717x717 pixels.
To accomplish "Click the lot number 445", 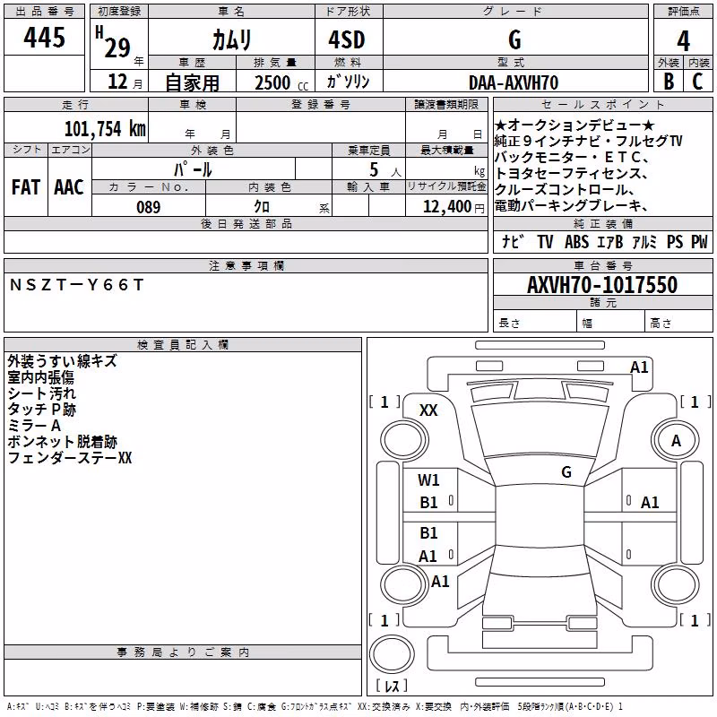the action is (44, 37).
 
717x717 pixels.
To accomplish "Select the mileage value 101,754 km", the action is (105, 128).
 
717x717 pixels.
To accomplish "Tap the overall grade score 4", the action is (683, 40).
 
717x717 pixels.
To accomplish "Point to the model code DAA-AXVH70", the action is (514, 82).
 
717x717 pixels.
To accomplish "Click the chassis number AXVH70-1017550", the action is (602, 284).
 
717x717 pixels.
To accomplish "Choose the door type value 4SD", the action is (347, 39).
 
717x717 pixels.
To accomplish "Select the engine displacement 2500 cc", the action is (281, 82).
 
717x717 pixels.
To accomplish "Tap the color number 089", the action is (149, 207).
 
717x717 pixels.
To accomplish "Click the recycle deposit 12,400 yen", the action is (454, 207).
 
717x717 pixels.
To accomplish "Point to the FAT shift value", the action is (26, 187).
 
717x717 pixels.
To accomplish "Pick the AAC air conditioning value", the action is (69, 187).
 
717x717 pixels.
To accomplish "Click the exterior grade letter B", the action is (669, 82).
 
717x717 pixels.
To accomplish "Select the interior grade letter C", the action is (697, 82).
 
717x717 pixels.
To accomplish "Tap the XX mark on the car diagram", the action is (428, 410).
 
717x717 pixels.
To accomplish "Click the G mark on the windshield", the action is (566, 471).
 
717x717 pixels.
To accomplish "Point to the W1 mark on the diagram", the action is (428, 479).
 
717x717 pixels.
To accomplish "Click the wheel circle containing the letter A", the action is (676, 441).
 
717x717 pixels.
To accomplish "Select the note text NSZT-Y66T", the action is (76, 285).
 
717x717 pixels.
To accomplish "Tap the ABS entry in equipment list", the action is (576, 241).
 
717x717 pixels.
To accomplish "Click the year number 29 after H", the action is (117, 48).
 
